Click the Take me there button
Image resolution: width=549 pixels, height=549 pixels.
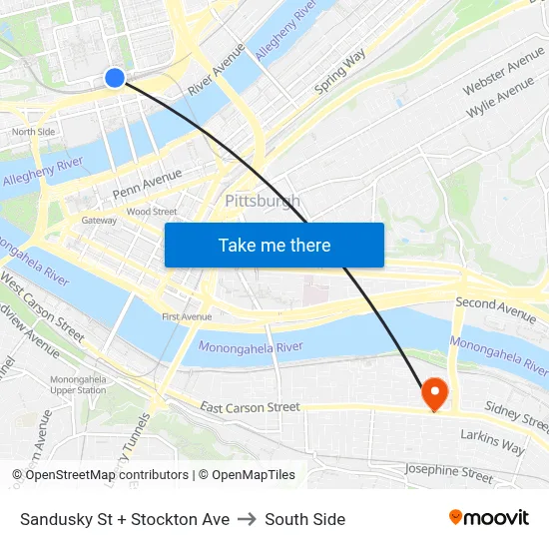274,245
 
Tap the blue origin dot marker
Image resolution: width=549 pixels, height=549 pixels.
115,78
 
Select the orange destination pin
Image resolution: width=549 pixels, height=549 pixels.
435,393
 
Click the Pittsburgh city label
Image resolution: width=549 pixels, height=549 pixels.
263,202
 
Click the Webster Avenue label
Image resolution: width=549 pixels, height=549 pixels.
503,71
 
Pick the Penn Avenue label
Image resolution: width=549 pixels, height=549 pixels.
147,182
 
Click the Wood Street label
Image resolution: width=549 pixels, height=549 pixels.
152,212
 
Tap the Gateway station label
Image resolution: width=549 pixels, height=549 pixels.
99,221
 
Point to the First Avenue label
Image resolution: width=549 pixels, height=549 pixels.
187,317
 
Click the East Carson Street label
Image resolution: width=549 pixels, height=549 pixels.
250,407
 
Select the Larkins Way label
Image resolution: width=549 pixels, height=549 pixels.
492,442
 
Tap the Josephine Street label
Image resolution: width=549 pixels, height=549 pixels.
448,472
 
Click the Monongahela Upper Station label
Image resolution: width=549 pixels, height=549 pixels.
78,384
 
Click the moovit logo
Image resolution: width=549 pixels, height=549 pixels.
488,518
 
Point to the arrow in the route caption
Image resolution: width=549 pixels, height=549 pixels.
248,519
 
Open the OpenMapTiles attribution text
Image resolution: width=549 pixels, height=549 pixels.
247,475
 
